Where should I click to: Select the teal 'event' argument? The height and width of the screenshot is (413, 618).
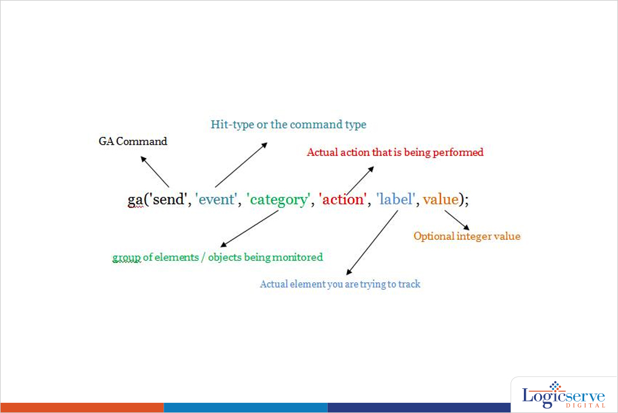pyautogui.click(x=216, y=199)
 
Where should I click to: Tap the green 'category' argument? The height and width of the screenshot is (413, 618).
pyautogui.click(x=278, y=200)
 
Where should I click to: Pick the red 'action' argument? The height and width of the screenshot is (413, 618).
pyautogui.click(x=343, y=199)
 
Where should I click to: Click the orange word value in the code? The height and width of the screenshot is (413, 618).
pyautogui.click(x=441, y=199)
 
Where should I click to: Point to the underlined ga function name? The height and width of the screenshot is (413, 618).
pyautogui.click(x=135, y=200)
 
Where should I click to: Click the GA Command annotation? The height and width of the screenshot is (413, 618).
pyautogui.click(x=133, y=141)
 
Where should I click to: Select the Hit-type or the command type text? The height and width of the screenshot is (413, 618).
pyautogui.click(x=288, y=125)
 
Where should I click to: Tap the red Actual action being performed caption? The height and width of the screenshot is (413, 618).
pyautogui.click(x=395, y=153)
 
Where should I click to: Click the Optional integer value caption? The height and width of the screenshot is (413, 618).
pyautogui.click(x=467, y=236)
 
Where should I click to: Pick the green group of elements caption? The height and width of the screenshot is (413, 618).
pyautogui.click(x=217, y=257)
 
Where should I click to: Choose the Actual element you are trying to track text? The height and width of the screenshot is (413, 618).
pyautogui.click(x=340, y=284)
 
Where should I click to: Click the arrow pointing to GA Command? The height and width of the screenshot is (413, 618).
pyautogui.click(x=155, y=172)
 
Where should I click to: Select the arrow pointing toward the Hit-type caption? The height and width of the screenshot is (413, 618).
pyautogui.click(x=241, y=165)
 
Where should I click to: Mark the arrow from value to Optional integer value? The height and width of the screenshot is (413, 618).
pyautogui.click(x=457, y=220)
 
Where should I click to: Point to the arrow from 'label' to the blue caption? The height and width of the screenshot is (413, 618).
pyautogui.click(x=372, y=242)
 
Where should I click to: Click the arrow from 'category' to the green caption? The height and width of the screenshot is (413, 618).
pyautogui.click(x=249, y=229)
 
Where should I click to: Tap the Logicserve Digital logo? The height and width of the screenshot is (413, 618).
pyautogui.click(x=564, y=395)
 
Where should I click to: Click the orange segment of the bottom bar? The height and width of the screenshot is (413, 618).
pyautogui.click(x=82, y=408)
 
